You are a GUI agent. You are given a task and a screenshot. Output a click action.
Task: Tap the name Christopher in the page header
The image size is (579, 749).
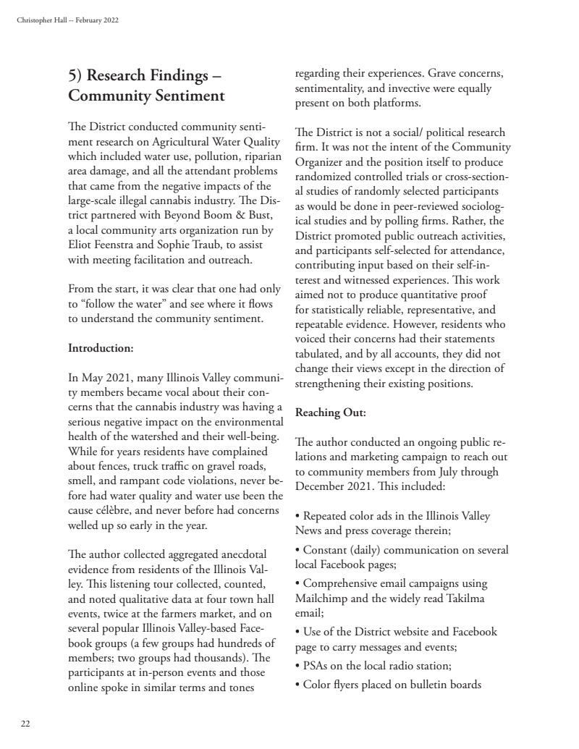[32, 20]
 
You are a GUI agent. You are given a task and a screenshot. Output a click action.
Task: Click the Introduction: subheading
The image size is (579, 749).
[101, 348]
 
